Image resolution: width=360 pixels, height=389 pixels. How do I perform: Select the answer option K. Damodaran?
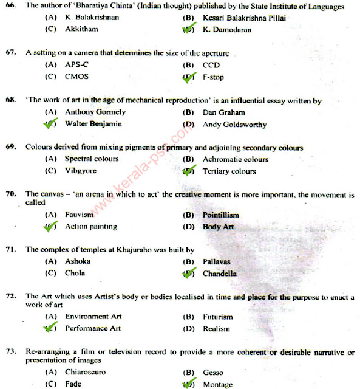(226, 29)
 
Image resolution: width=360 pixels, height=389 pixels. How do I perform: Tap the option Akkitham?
(82, 29)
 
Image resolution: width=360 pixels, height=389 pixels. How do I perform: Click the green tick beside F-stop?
(190, 77)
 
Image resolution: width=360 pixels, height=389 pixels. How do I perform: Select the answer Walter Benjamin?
(93, 124)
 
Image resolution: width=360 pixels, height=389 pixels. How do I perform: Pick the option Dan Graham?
(224, 112)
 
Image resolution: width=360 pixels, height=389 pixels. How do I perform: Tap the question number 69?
(10, 147)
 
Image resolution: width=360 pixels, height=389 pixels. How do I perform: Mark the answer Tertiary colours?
(229, 171)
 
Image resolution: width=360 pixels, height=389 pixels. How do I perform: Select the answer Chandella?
(220, 274)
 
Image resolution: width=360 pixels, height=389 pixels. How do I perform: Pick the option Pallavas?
(217, 261)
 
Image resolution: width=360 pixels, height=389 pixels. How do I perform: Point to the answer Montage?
(217, 385)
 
